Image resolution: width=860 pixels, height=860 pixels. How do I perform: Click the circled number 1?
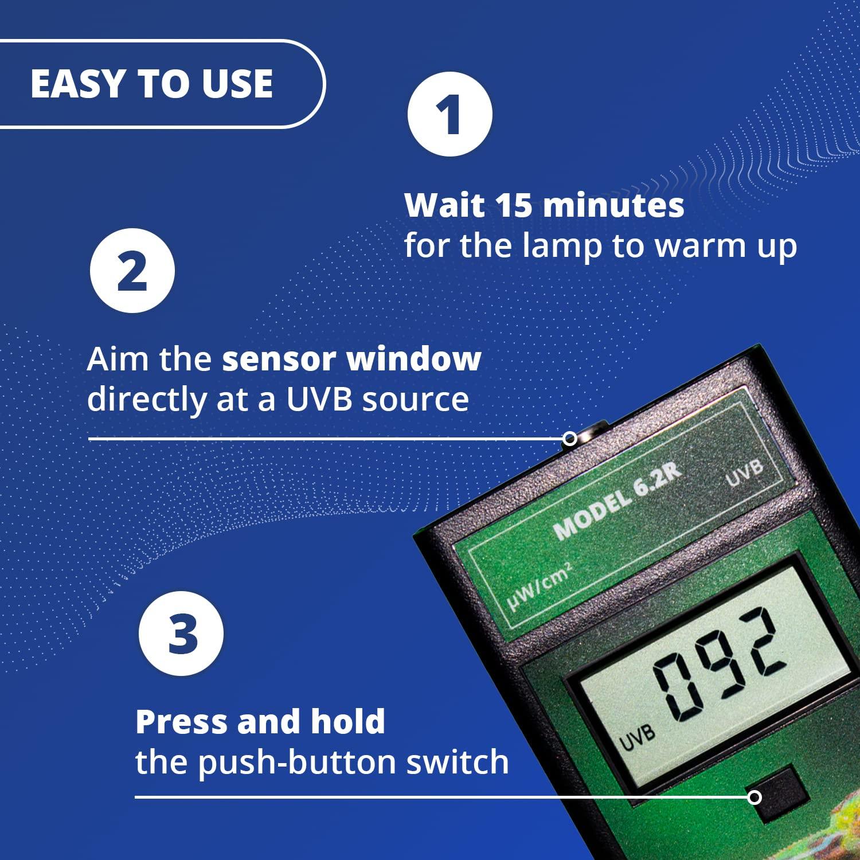[x=449, y=114]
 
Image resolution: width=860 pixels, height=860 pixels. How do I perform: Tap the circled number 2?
[x=132, y=271]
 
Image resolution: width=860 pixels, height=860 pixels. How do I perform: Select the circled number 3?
[x=181, y=634]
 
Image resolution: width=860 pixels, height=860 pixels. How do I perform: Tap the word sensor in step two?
[x=279, y=359]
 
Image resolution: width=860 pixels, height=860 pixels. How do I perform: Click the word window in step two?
[x=414, y=359]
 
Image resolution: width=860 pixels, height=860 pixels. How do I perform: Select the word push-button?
[x=298, y=763]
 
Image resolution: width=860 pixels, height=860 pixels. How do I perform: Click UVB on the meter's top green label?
[x=745, y=472]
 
